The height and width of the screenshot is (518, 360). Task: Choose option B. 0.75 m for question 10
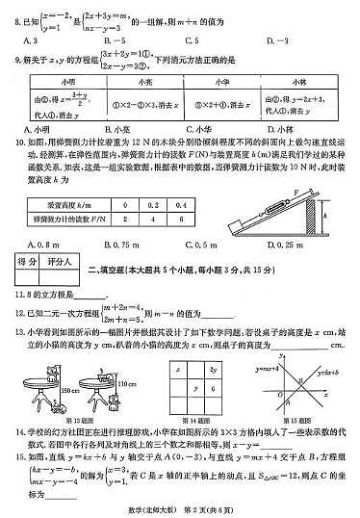[x=120, y=245]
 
